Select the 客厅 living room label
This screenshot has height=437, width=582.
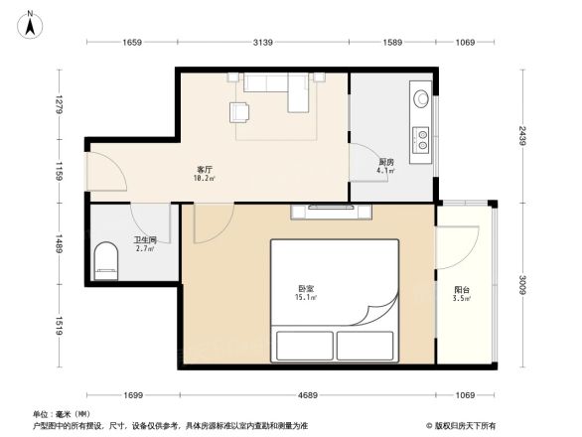pos(204,170)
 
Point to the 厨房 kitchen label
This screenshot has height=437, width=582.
pos(386,162)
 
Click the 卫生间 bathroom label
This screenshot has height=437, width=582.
pos(145,239)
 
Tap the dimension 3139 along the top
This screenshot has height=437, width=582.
pos(263,42)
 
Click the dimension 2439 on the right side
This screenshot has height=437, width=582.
pos(520,136)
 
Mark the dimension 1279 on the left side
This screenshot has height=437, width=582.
pos(60,104)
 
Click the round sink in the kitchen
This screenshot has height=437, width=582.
pos(422,99)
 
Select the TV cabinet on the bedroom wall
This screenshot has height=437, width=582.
pos(333,210)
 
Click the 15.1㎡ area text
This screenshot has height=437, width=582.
pos(306,296)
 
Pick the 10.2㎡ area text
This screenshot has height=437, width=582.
pos(204,180)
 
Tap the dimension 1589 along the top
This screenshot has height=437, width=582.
pos(391,42)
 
